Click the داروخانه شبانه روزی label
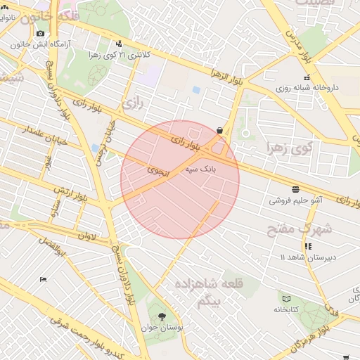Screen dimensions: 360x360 (307, 89)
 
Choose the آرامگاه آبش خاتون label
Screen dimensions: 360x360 (39, 45)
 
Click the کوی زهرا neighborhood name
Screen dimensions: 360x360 (288, 148)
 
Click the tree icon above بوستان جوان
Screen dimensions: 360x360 (163, 316)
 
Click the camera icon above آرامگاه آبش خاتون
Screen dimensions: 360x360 (40, 34)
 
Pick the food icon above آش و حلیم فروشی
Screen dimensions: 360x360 (294, 188)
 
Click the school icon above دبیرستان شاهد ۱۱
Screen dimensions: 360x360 (308, 246)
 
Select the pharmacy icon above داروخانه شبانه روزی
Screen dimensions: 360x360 (306, 77)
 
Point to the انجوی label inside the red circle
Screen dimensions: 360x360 (156, 170)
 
